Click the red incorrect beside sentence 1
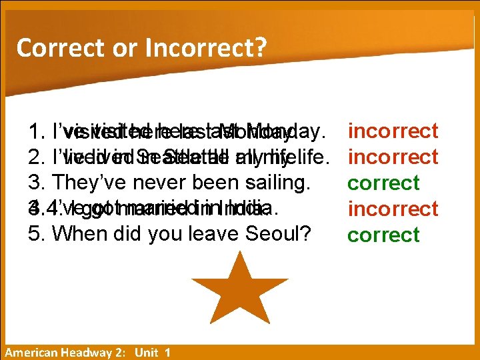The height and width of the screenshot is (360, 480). (x=393, y=131)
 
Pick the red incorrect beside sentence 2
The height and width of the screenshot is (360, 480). (x=393, y=157)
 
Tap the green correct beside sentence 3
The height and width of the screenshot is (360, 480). (x=383, y=183)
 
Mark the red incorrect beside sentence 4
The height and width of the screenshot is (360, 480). (x=393, y=209)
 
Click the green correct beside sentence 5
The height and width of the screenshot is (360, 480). (x=383, y=235)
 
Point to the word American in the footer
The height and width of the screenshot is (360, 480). (x=31, y=353)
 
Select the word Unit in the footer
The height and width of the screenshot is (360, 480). (x=146, y=353)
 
